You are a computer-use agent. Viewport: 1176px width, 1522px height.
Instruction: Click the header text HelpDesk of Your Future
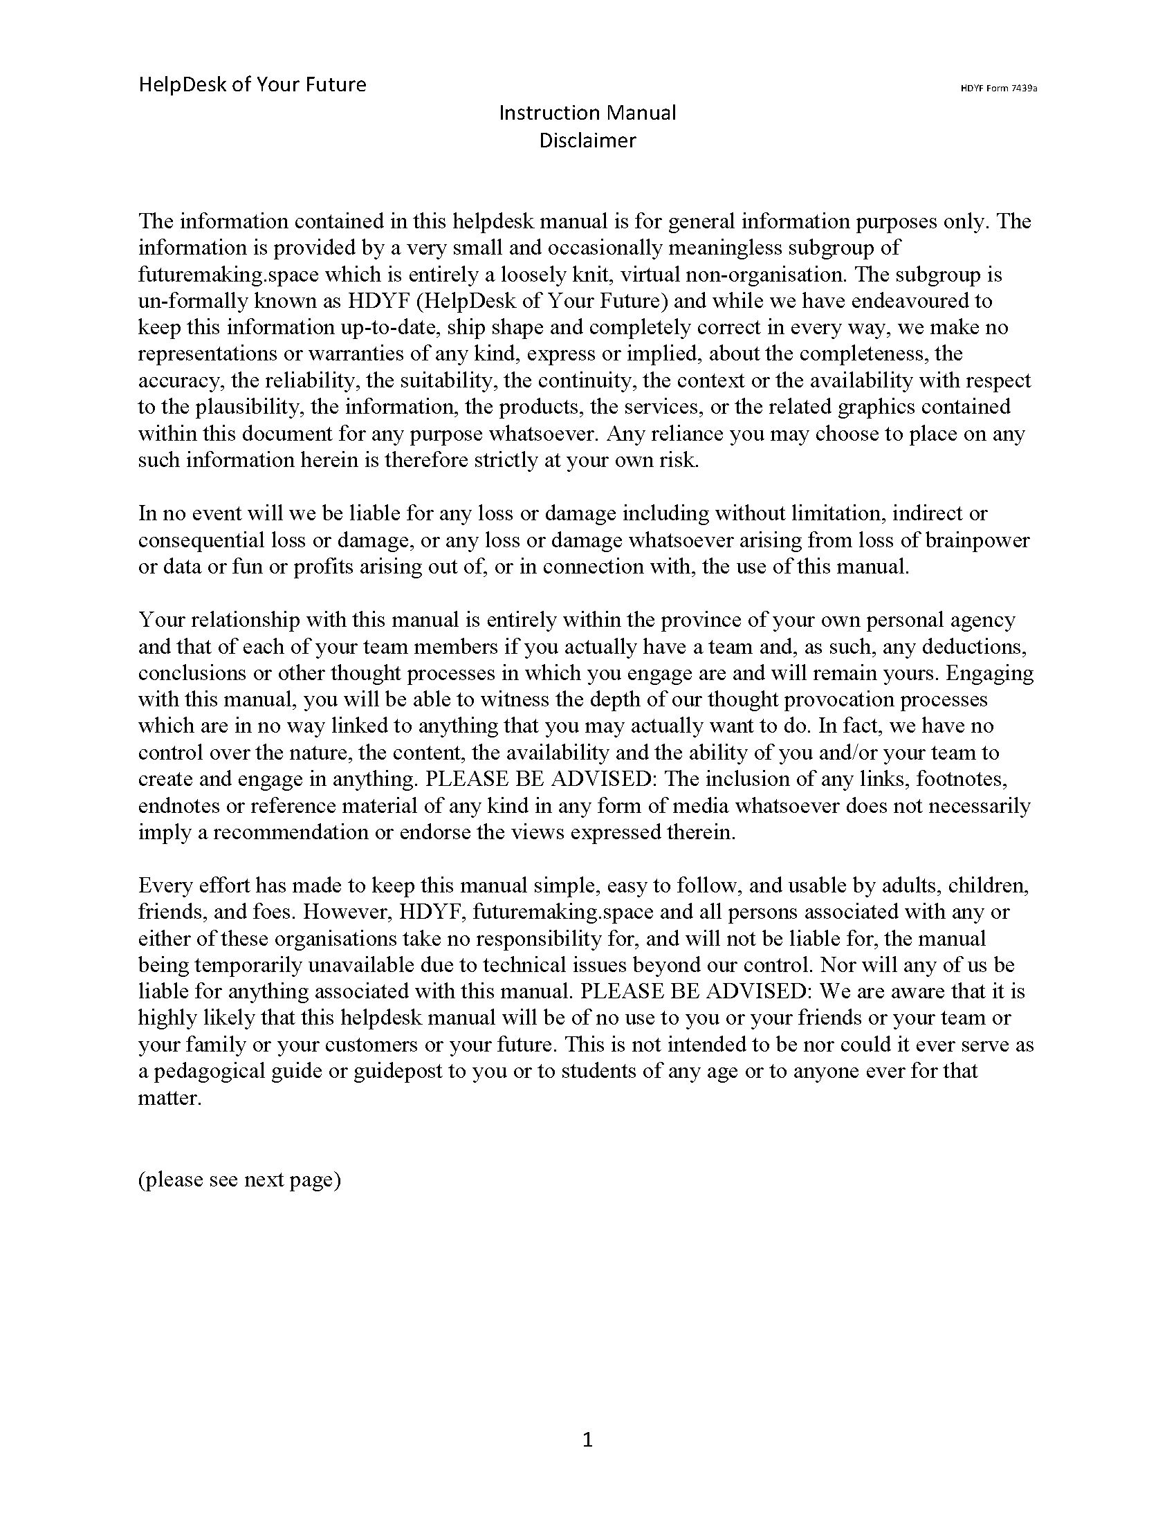pos(252,85)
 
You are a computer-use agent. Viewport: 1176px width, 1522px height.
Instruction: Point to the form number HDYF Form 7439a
pos(999,89)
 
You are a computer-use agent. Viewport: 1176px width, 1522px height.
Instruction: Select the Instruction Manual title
pos(587,113)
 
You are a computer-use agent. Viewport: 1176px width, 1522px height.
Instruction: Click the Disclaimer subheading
pos(587,140)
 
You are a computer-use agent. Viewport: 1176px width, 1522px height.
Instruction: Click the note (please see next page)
pos(239,1179)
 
